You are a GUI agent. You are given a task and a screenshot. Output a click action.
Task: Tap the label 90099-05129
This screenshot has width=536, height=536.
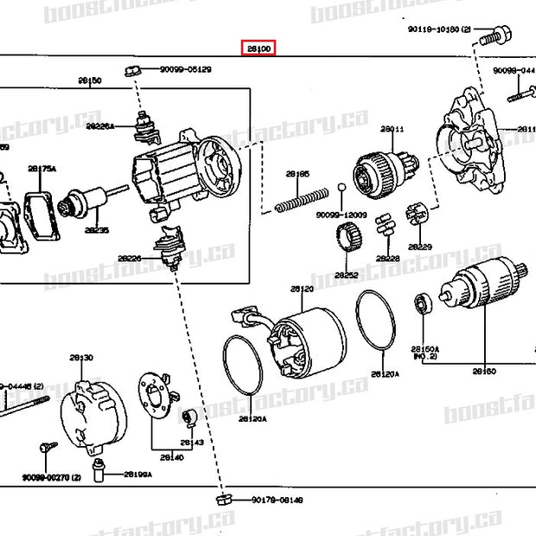[185, 68]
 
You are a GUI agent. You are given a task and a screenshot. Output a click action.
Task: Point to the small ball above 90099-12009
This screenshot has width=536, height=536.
[342, 188]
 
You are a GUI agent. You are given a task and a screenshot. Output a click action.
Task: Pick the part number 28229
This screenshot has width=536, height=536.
[420, 246]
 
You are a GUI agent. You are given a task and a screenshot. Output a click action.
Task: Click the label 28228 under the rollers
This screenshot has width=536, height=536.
[387, 258]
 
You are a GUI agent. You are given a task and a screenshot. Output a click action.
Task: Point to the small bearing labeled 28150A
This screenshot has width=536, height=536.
[424, 302]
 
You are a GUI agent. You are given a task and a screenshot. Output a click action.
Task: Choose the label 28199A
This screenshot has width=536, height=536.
[137, 475]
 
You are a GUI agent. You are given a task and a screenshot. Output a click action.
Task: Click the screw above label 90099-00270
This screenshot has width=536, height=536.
[48, 448]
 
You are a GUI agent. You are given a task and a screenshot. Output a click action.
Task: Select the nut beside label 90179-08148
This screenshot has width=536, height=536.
[223, 499]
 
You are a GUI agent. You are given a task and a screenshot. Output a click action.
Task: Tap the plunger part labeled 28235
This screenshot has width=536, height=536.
[88, 204]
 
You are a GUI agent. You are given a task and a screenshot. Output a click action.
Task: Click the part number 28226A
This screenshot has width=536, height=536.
[99, 126]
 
